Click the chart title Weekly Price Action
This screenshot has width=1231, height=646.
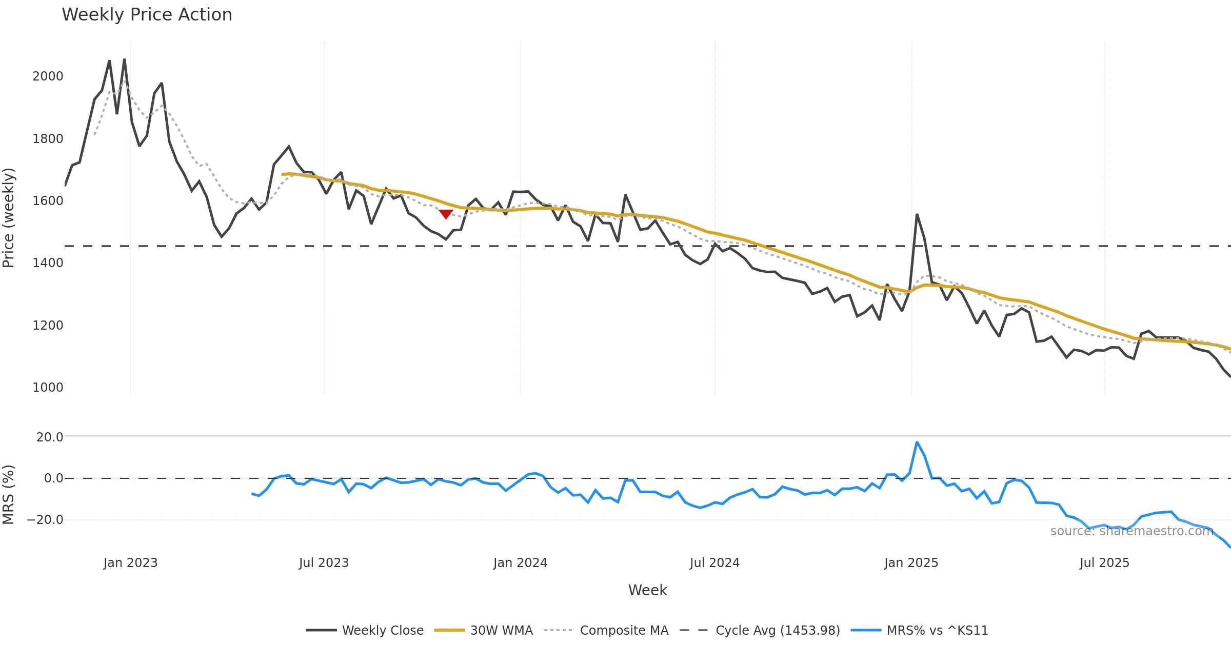click(147, 15)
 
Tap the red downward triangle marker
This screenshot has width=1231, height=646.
click(446, 214)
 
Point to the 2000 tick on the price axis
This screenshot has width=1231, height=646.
click(48, 76)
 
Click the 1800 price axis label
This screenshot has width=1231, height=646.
click(48, 139)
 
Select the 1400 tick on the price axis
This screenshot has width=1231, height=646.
click(48, 263)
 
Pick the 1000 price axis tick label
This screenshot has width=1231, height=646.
click(48, 388)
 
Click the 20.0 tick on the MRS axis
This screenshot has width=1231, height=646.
click(50, 437)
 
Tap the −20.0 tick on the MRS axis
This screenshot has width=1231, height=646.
click(45, 520)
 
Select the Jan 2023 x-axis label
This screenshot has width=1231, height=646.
click(130, 563)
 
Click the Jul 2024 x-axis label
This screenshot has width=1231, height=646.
click(714, 563)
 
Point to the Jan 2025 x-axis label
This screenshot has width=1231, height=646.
click(911, 563)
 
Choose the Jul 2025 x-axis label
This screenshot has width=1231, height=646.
click(1104, 563)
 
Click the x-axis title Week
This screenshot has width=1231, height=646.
click(647, 591)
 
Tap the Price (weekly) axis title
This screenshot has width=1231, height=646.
click(9, 218)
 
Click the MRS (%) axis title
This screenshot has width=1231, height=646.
click(9, 495)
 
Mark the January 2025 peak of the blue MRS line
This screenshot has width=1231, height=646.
click(917, 442)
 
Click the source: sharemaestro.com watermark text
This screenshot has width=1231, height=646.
click(1131, 531)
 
